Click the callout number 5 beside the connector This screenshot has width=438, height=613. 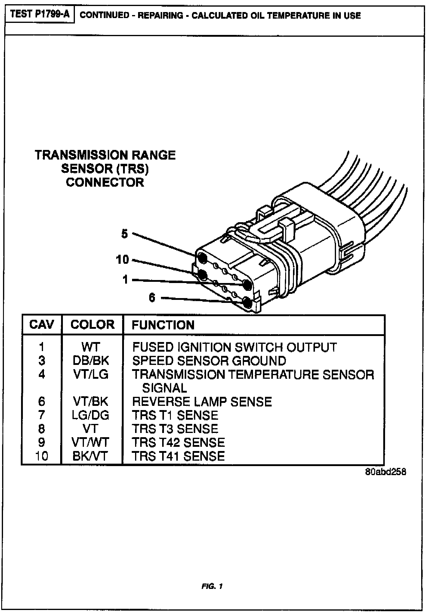(x=125, y=234)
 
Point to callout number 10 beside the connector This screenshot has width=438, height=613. (x=122, y=259)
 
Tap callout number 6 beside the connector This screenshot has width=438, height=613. (x=152, y=297)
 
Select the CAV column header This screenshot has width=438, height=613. (x=42, y=325)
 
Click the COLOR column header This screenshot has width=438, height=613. (x=92, y=325)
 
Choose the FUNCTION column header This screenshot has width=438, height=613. (x=163, y=325)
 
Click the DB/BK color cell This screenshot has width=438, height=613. (x=91, y=360)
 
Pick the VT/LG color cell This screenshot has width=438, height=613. (x=91, y=374)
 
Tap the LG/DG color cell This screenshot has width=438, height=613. (x=91, y=415)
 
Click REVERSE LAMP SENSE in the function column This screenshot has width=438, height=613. (x=202, y=402)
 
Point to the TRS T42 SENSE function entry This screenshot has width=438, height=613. (x=178, y=442)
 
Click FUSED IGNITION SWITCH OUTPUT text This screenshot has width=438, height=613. (x=234, y=347)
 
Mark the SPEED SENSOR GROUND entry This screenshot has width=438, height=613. (x=209, y=361)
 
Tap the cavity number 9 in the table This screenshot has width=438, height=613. (x=42, y=442)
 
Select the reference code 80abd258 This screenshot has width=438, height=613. (x=385, y=472)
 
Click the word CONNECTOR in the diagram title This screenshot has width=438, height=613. (x=105, y=182)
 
